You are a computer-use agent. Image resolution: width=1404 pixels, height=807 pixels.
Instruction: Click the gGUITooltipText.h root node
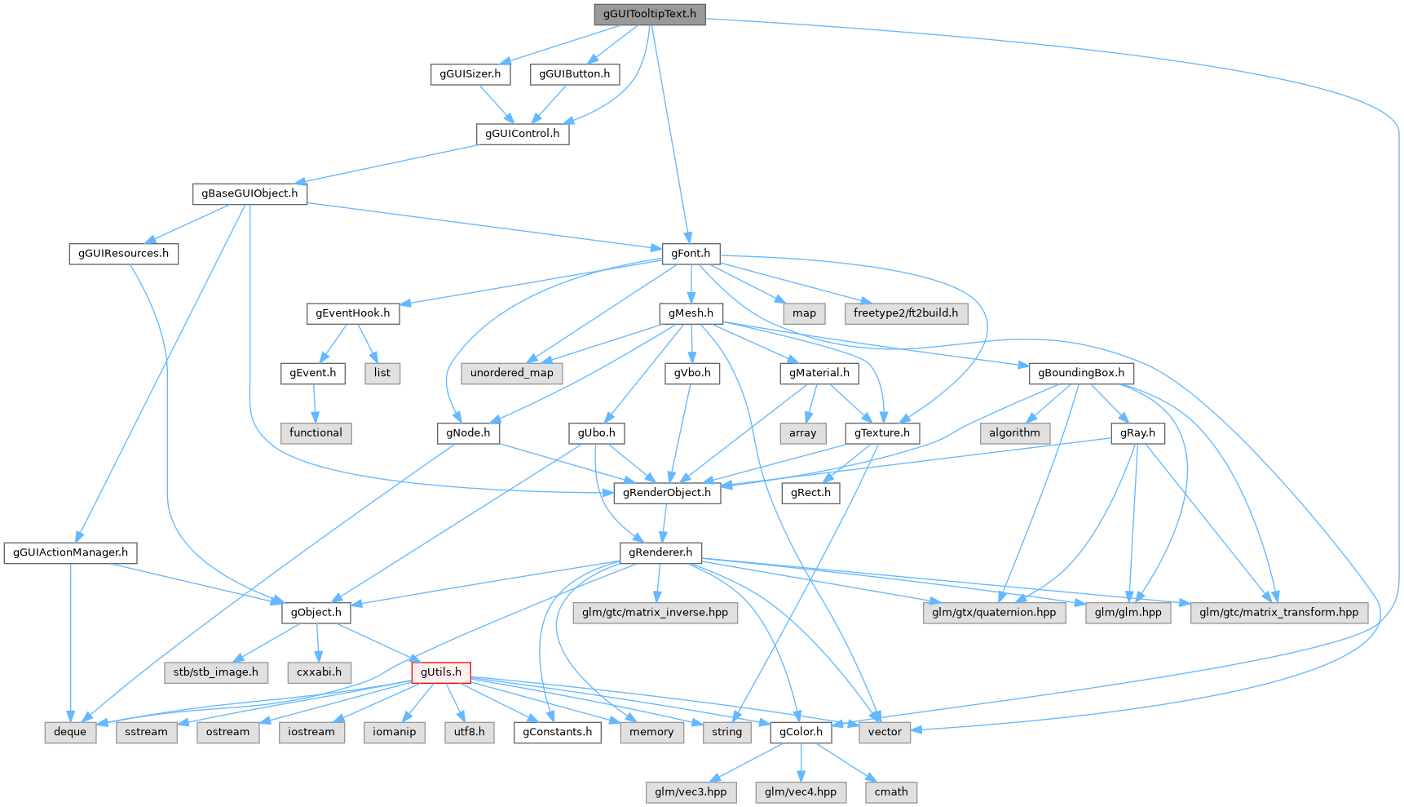pyautogui.click(x=649, y=14)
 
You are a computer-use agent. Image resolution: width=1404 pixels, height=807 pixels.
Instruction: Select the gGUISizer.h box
pyautogui.click(x=470, y=73)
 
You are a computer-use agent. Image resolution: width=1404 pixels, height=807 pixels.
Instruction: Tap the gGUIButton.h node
pyautogui.click(x=575, y=73)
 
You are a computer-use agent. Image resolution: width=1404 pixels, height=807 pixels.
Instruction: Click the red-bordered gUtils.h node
pyautogui.click(x=441, y=672)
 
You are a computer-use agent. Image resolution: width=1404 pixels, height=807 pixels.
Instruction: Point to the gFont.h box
pyautogui.click(x=690, y=253)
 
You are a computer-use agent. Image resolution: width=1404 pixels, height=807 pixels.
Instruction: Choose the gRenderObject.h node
pyautogui.click(x=666, y=493)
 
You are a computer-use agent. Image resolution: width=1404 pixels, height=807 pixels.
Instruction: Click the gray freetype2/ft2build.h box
pyautogui.click(x=905, y=313)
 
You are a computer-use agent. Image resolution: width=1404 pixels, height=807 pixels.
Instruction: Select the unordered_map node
pyautogui.click(x=511, y=373)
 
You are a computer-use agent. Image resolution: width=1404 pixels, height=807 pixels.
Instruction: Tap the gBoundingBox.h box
pyautogui.click(x=1080, y=373)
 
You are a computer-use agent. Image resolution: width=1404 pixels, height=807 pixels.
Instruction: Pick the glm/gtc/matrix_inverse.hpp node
pyautogui.click(x=655, y=613)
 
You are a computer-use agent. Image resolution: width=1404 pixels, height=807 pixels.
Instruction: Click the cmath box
pyautogui.click(x=890, y=791)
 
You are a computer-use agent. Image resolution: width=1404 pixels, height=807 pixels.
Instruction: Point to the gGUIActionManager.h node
pyautogui.click(x=70, y=552)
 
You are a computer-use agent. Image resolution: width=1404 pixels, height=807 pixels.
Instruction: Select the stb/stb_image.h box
pyautogui.click(x=215, y=672)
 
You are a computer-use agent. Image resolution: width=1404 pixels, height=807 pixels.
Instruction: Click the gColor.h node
pyautogui.click(x=801, y=732)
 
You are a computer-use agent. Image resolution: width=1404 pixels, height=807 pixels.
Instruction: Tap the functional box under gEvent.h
pyautogui.click(x=316, y=432)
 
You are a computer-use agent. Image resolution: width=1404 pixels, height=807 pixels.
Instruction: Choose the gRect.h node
pyautogui.click(x=810, y=493)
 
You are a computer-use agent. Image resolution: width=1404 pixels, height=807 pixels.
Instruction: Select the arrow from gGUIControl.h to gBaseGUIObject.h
pyautogui.click(x=383, y=164)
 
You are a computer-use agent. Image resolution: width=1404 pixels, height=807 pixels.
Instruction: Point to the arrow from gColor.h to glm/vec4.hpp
pyautogui.click(x=801, y=762)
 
